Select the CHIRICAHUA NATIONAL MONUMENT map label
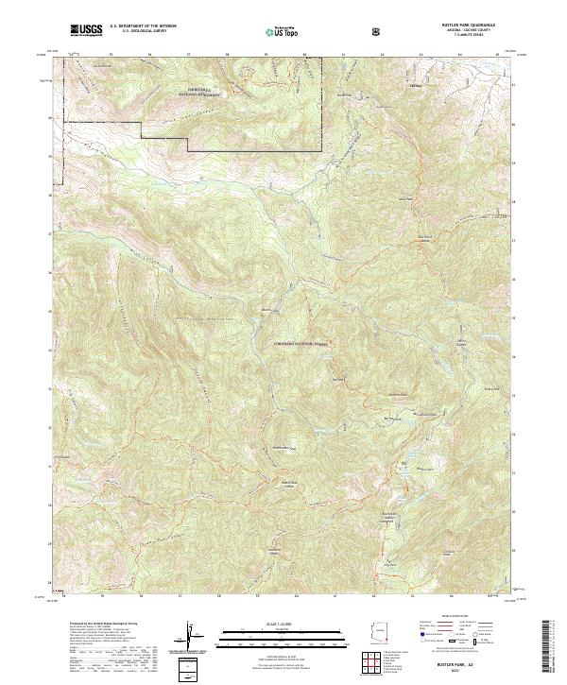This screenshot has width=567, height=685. (x=198, y=93)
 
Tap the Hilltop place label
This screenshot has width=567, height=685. (x=415, y=89)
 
